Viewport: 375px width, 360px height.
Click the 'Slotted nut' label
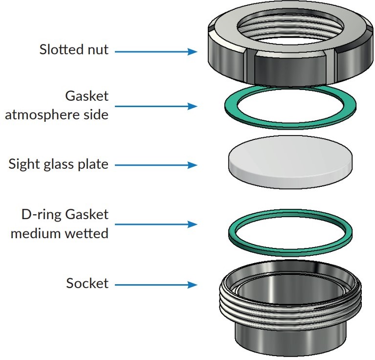[74, 49]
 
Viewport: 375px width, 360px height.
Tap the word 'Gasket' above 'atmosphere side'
[87, 96]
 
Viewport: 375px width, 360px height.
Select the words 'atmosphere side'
[57, 116]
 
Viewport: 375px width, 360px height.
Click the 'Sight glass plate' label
[58, 164]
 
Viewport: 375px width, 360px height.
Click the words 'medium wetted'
[59, 233]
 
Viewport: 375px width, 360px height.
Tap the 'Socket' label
[87, 283]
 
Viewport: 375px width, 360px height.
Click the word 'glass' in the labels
[62, 164]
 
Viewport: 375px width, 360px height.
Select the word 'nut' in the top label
[99, 49]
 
